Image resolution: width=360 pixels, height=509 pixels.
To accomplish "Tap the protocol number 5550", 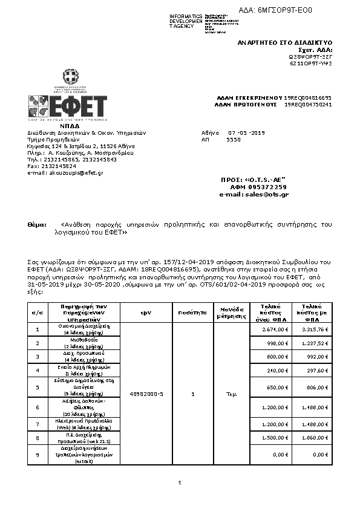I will pyautogui.click(x=233, y=139).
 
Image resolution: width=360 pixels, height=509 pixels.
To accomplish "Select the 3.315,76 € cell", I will pyautogui.click(x=315, y=329).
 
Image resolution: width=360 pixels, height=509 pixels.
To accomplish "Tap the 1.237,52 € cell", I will pyautogui.click(x=315, y=343).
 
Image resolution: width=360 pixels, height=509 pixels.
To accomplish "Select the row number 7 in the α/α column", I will pyautogui.click(x=38, y=422).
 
